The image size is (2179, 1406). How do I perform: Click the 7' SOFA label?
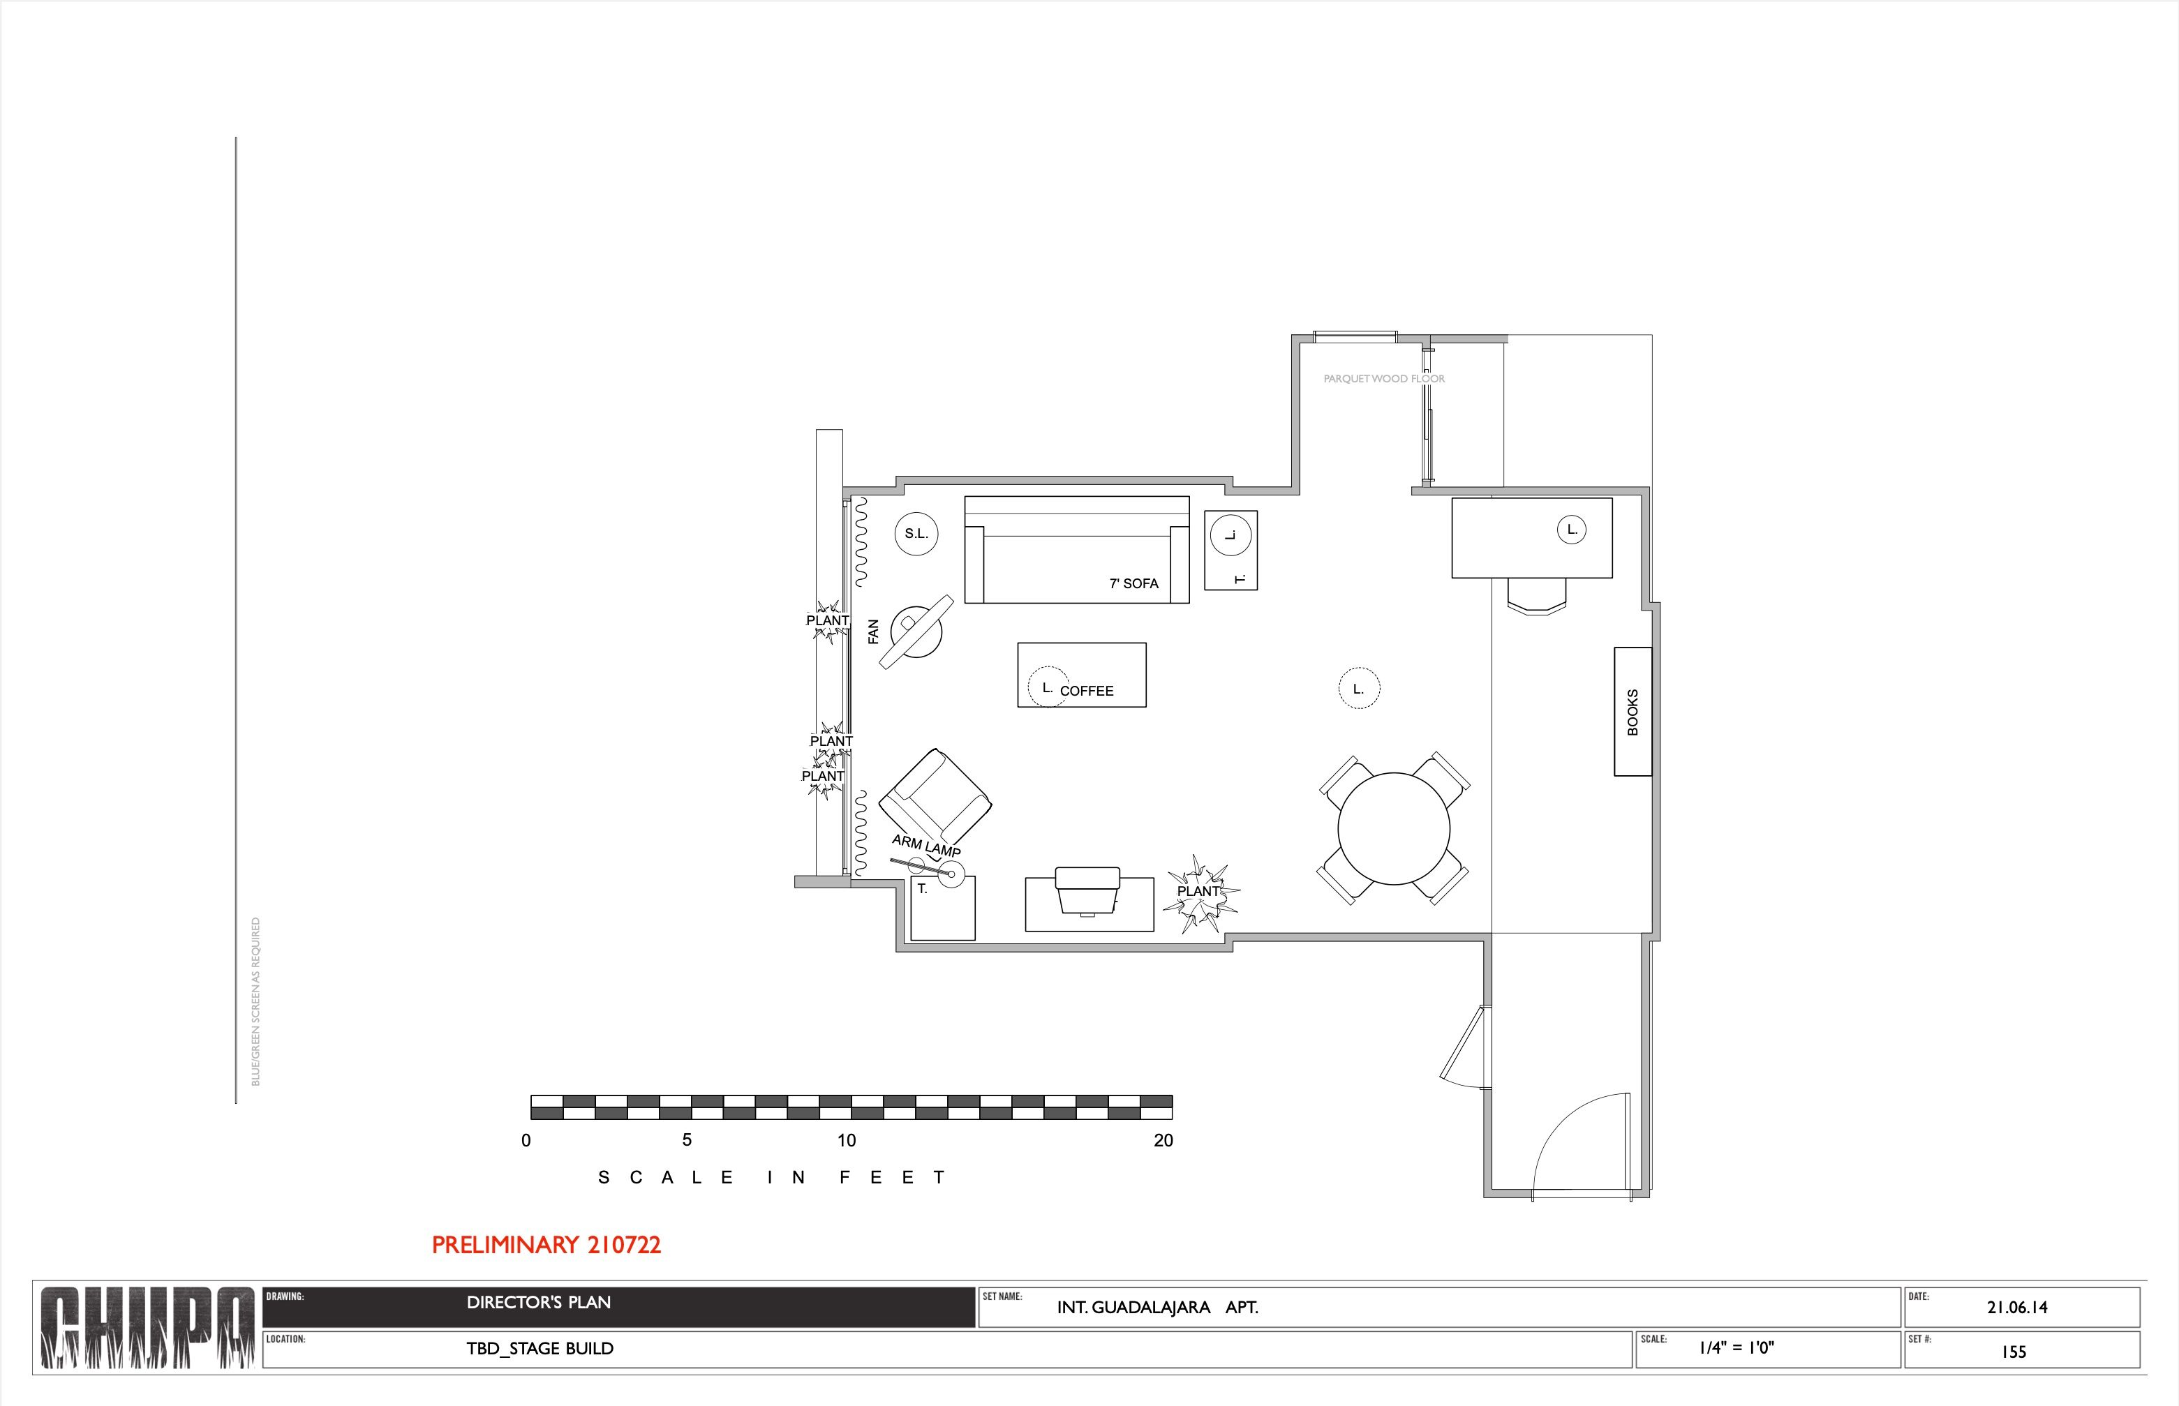pyautogui.click(x=1133, y=583)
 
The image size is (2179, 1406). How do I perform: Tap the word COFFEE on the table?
pyautogui.click(x=1087, y=691)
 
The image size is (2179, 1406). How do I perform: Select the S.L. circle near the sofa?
pyautogui.click(x=916, y=533)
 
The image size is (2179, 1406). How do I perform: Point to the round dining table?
pyautogui.click(x=1394, y=828)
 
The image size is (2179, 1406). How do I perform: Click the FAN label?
pyautogui.click(x=873, y=631)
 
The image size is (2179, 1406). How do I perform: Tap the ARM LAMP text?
pyautogui.click(x=926, y=846)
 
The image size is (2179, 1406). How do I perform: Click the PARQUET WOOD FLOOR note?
pyautogui.click(x=1383, y=379)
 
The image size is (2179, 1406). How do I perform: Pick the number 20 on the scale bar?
pyautogui.click(x=1163, y=1140)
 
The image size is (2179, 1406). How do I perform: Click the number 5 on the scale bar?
pyautogui.click(x=687, y=1140)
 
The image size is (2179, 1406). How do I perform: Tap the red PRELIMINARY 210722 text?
pyautogui.click(x=546, y=1246)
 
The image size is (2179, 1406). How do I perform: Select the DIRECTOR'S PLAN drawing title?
pyautogui.click(x=539, y=1303)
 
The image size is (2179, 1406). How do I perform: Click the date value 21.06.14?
pyautogui.click(x=2017, y=1308)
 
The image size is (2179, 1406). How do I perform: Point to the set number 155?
pyautogui.click(x=2014, y=1352)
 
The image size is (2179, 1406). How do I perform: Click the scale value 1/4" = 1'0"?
pyautogui.click(x=1736, y=1347)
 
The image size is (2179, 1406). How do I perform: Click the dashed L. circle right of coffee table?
pyautogui.click(x=1359, y=689)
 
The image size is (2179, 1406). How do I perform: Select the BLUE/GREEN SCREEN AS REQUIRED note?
pyautogui.click(x=255, y=1001)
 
